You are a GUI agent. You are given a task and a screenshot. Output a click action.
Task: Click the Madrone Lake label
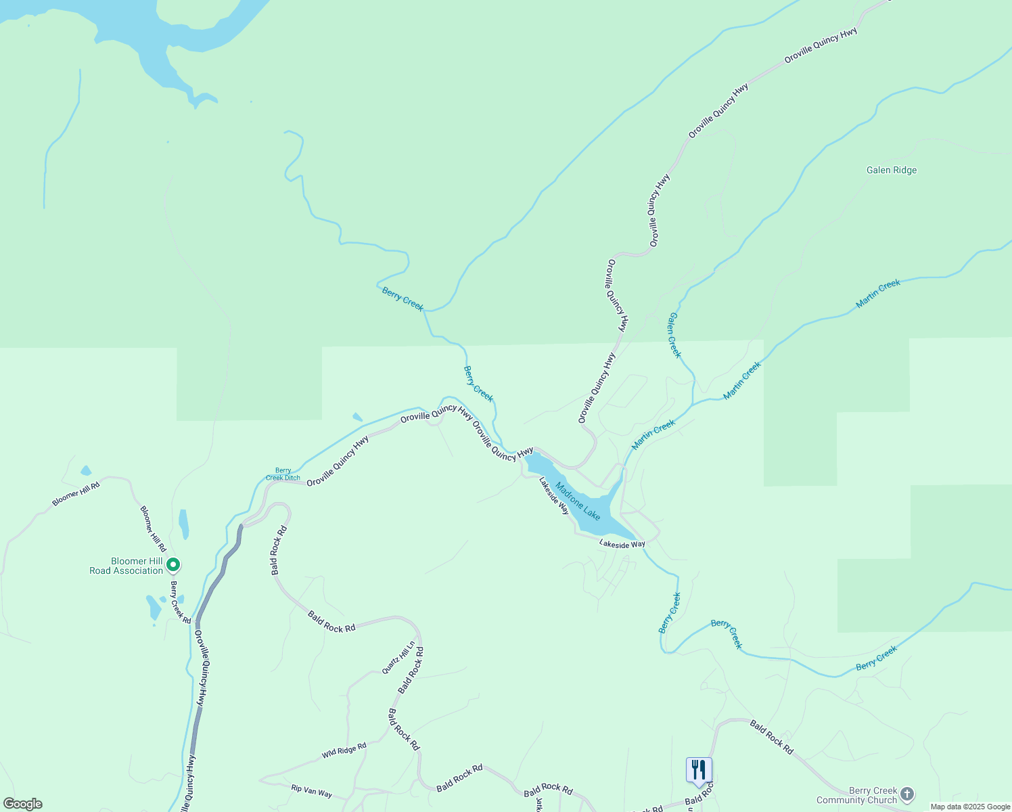coord(578,501)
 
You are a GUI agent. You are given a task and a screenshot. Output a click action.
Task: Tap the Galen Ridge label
coord(892,170)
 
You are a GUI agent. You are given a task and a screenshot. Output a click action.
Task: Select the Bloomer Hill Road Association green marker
coord(173,564)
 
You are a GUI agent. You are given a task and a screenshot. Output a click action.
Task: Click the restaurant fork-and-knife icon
coord(699,770)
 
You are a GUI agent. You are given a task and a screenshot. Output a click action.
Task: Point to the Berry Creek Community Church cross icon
coord(907,794)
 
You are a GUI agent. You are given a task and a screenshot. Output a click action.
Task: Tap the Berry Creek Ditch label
coord(283,474)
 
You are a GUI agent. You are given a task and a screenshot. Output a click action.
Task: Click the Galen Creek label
coord(674,335)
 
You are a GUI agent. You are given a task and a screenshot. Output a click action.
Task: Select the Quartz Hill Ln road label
coord(398,658)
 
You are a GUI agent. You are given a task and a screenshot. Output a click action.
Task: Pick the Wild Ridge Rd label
coord(344,750)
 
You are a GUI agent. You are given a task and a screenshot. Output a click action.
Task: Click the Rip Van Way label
coord(311,790)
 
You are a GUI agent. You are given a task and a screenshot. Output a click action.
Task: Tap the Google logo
coord(22,804)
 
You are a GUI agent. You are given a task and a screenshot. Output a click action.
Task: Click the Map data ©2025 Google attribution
coord(969,807)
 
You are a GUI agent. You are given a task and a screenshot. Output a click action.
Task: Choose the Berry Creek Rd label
coord(181,602)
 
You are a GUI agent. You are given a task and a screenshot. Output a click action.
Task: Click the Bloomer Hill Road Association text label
coord(127,566)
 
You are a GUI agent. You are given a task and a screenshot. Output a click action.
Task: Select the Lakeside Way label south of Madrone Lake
coord(622,544)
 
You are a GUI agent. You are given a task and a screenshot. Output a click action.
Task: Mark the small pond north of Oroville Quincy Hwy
coord(357,417)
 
